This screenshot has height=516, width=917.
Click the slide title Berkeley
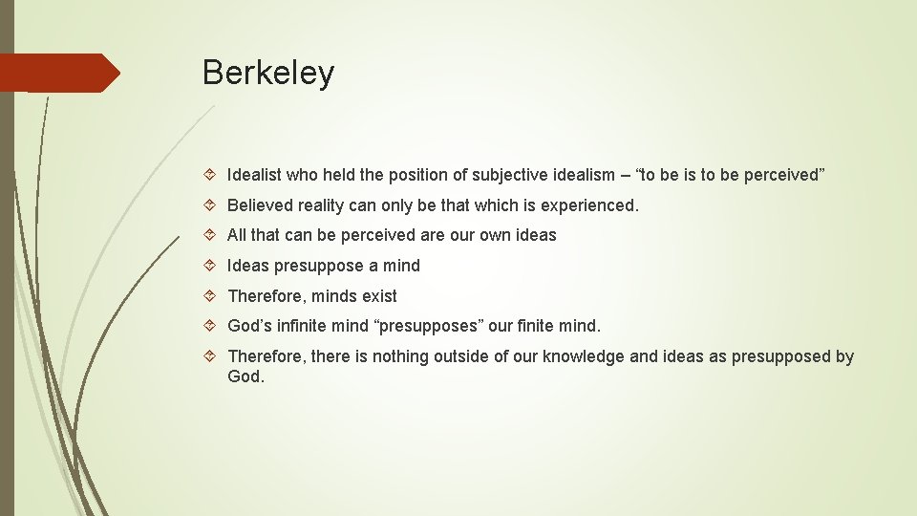click(268, 74)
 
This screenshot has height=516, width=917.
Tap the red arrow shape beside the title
click(59, 74)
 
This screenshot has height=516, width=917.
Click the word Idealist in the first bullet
click(256, 175)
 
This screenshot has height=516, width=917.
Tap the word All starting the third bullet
click(237, 235)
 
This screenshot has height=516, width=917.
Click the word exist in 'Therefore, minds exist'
click(379, 296)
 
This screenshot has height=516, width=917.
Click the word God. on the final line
click(246, 376)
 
